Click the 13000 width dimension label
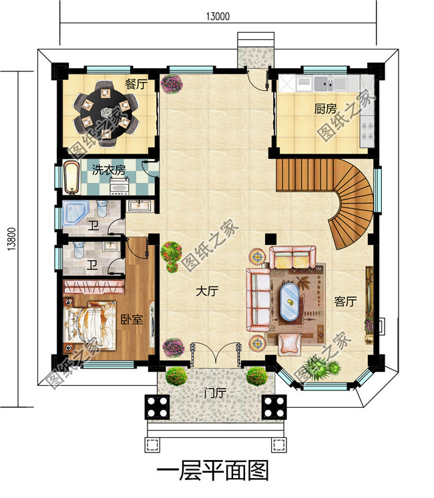pyautogui.click(x=218, y=16)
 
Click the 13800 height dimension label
pyautogui.click(x=12, y=239)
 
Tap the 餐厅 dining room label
pyautogui.click(x=136, y=85)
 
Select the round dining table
pyautogui.click(x=106, y=113)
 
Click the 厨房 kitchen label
pyautogui.click(x=325, y=109)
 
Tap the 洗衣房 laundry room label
pyautogui.click(x=109, y=170)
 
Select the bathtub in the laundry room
pyautogui.click(x=71, y=177)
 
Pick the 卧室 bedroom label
pyautogui.click(x=132, y=320)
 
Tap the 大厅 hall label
pyautogui.click(x=207, y=291)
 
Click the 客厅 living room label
pyautogui.click(x=345, y=301)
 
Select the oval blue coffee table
pyautogui.click(x=289, y=302)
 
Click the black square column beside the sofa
pyautogui.click(x=270, y=239)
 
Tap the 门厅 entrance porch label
pyautogui.click(x=215, y=393)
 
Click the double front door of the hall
pyautogui.click(x=216, y=352)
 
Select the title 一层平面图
pyautogui.click(x=213, y=471)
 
